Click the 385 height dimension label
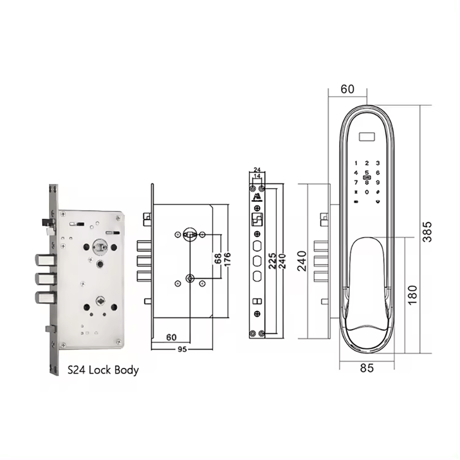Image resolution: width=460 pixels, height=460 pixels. click(427, 232)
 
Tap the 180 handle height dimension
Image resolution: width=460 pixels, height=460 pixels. click(412, 294)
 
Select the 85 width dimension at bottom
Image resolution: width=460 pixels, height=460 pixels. click(366, 367)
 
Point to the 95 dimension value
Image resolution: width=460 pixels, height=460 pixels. click(182, 349)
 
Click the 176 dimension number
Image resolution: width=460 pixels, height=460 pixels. click(227, 259)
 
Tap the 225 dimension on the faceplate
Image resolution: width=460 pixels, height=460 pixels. click(272, 260)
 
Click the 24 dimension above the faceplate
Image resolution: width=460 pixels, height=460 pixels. click(257, 169)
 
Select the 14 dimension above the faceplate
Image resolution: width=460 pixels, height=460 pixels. click(257, 176)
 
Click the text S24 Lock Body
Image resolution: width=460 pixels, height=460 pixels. click(103, 370)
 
